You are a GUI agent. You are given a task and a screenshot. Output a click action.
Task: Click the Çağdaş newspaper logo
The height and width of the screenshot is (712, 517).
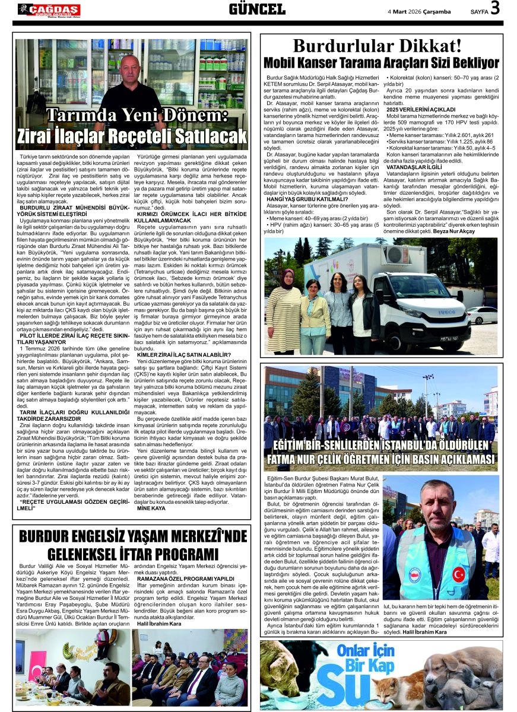pos(49,9)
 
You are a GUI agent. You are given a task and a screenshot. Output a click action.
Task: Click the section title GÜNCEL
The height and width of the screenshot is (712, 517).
pos(257,9)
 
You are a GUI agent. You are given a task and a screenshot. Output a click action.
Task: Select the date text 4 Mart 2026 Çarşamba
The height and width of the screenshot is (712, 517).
pos(419,11)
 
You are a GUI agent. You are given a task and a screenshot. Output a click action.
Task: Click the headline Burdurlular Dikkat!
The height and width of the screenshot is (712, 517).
pos(377,46)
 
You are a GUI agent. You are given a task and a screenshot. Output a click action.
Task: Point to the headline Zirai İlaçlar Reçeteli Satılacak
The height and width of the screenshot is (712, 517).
pos(131,135)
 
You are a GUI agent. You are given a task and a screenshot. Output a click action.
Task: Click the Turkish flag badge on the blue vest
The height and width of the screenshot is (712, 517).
pos(458,574)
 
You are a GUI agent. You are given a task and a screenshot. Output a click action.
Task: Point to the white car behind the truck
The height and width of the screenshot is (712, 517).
pos(482,315)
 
